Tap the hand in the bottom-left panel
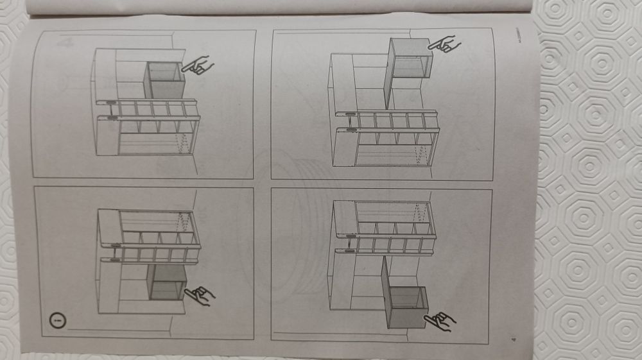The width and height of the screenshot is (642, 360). point(199,295)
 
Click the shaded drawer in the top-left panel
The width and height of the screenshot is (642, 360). point(164,80)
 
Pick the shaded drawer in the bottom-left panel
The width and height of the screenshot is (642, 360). point(166,282)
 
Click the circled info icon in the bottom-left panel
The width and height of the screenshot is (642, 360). point(56,319)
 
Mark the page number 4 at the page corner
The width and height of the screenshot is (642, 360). point(512,340)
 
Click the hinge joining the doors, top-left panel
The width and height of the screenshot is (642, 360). point(111,109)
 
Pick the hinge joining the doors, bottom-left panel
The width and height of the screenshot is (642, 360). point(113,252)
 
